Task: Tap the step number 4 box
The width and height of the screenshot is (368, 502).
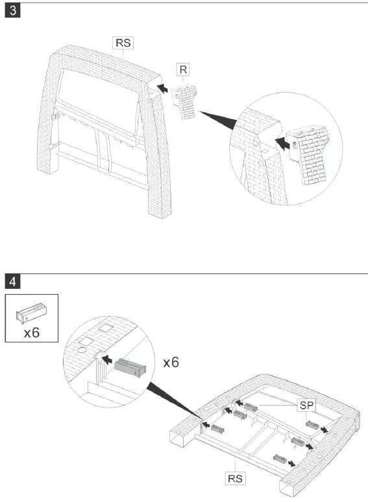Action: (x=11, y=281)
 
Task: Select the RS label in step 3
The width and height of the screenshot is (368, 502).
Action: (x=123, y=43)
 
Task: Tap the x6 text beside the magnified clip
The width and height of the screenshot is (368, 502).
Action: (x=171, y=362)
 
